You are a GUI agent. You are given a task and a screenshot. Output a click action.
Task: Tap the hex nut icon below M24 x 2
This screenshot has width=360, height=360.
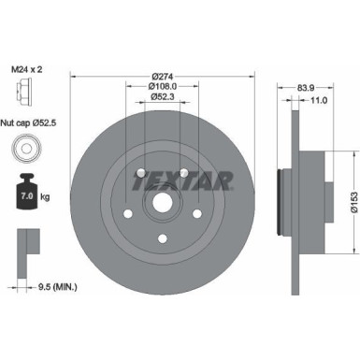[x=22, y=90]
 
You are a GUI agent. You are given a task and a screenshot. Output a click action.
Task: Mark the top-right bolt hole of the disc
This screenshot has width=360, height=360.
[x=185, y=172]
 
